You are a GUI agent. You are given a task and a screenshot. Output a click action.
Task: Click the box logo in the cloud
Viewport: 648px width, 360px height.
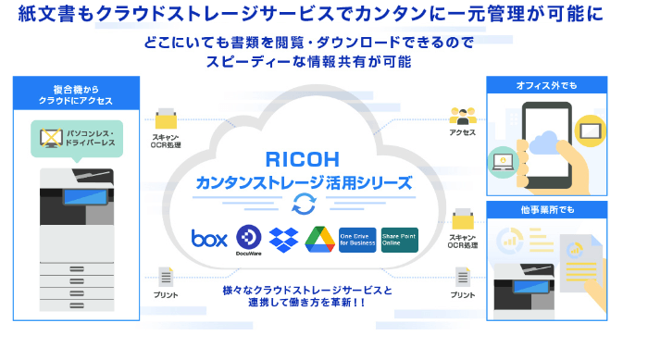[209, 238]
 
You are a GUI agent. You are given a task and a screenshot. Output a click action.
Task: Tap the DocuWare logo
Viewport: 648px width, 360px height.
[249, 238]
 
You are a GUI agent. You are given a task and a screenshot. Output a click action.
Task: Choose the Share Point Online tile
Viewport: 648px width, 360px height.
[399, 239]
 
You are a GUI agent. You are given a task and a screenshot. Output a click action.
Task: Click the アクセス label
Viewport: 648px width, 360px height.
[462, 132]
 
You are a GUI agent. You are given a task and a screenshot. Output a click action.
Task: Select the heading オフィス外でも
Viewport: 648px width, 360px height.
[546, 86]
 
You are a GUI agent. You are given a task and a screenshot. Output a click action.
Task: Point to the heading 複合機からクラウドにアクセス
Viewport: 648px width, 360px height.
[76, 94]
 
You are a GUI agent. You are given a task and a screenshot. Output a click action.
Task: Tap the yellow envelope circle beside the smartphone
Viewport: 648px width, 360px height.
[590, 129]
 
